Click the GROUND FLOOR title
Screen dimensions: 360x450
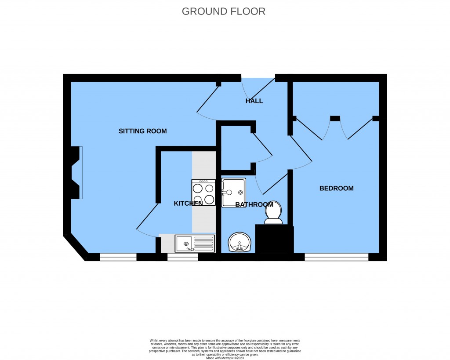(x=224, y=11)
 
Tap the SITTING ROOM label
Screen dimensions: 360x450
(x=143, y=131)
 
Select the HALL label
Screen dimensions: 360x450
(x=254, y=101)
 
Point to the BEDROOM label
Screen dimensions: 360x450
(x=336, y=188)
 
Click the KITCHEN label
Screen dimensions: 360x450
(x=188, y=203)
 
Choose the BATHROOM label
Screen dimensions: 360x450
(x=254, y=204)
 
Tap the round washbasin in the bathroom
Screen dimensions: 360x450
(x=240, y=242)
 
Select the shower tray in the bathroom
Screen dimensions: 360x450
(x=234, y=192)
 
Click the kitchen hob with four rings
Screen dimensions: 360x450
(x=203, y=192)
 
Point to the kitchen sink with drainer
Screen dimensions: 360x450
(x=195, y=244)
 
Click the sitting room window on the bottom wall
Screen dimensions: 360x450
(x=118, y=258)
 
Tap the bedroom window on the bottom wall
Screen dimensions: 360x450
(x=336, y=258)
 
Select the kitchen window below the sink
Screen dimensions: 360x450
(x=182, y=258)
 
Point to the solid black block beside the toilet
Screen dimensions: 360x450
(x=274, y=239)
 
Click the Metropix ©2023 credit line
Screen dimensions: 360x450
(x=225, y=358)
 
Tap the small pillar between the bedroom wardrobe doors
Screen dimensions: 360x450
(x=335, y=118)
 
